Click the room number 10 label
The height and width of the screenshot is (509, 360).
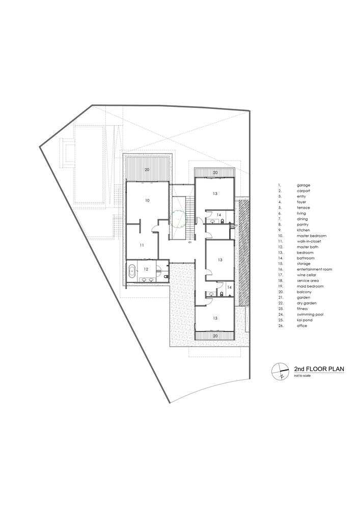click(147, 201)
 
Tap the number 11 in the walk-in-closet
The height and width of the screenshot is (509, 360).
click(142, 245)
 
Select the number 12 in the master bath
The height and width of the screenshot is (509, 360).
click(146, 269)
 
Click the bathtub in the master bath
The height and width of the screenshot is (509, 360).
click(132, 270)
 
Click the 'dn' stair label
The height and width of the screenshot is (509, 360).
click(190, 242)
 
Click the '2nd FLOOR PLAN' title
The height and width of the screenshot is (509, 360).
click(319, 369)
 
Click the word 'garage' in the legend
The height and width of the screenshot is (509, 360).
click(303, 185)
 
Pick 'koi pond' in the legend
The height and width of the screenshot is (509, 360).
click(304, 320)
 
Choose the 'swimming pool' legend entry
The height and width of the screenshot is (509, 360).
click(310, 315)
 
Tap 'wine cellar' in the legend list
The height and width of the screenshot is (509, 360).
click(307, 275)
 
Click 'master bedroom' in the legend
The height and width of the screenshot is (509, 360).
click(312, 236)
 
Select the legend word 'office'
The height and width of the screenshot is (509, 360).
click(302, 326)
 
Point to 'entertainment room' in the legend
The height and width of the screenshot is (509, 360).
click(314, 269)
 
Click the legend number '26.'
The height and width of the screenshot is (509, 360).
click(281, 326)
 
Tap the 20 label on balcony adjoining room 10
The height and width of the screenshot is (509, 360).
click(147, 170)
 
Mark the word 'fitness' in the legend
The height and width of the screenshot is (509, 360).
click(302, 309)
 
